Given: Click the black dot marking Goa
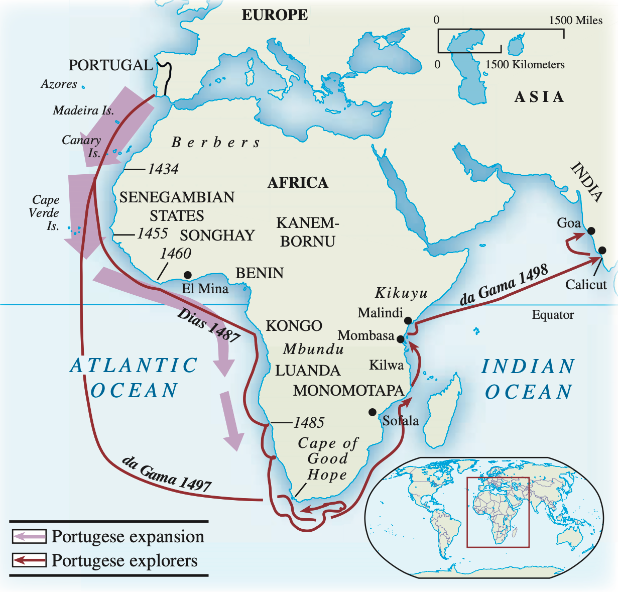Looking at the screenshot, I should [591, 231].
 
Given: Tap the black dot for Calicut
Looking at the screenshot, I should [602, 250].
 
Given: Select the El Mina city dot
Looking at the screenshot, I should [187, 275].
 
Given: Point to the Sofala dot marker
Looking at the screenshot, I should [372, 412].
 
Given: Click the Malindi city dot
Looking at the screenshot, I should [408, 320].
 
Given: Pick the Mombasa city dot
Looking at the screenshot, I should [401, 339].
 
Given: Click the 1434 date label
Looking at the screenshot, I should [163, 169].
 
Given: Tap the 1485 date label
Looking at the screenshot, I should [309, 423].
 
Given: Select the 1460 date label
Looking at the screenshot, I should [175, 254].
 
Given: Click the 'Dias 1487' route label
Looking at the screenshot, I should [208, 325].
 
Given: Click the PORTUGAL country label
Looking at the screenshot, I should [110, 65].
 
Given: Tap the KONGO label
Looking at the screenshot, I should [294, 326].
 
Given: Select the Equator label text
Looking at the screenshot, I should [553, 315].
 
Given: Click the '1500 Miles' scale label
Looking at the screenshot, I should [575, 20].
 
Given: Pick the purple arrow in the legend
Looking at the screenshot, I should [29, 536].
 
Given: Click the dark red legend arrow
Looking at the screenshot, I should [29, 560].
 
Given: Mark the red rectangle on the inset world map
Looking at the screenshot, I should [498, 512].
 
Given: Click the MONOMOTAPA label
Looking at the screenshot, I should [348, 390].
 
